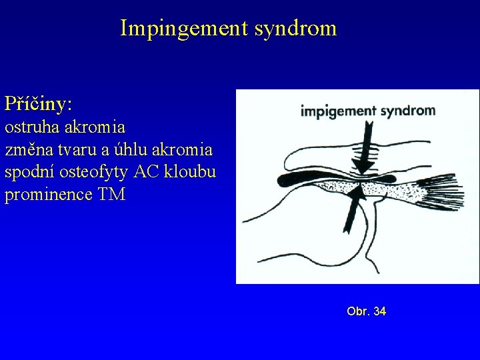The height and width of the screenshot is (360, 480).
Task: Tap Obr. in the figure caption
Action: click(x=358, y=311)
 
